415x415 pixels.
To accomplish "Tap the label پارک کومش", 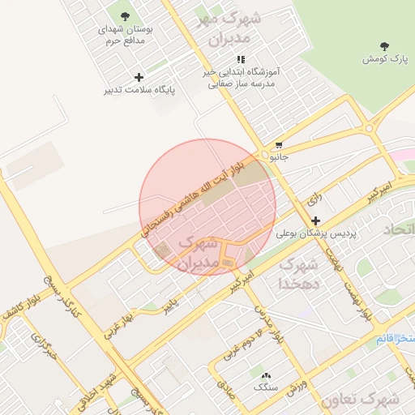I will click(383, 59).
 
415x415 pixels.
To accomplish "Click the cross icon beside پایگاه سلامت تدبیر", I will click(139, 77).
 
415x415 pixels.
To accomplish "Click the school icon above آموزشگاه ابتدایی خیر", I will click(241, 60).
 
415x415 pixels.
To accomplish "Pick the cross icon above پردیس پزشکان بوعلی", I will click(315, 220).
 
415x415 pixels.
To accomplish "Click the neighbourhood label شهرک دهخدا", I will click(300, 274).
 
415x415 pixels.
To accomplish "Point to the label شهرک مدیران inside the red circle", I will click(196, 252).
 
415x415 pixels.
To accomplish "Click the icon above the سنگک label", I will click(265, 375).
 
